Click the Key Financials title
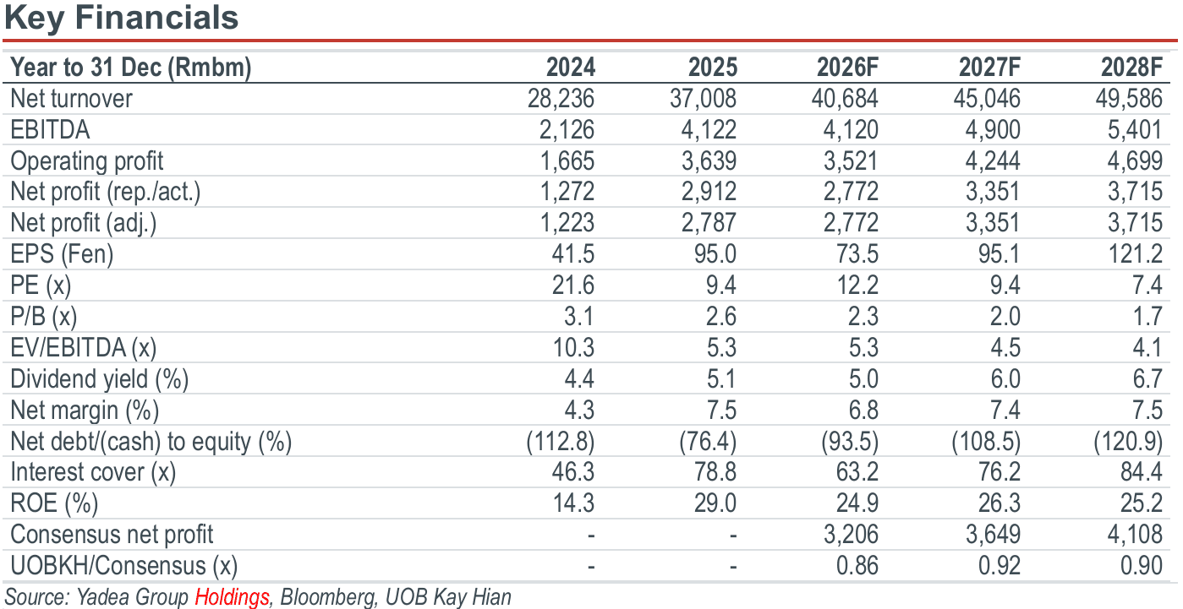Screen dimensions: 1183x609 (x=122, y=18)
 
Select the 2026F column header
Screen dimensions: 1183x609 (x=847, y=67)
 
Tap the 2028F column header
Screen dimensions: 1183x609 (x=1131, y=67)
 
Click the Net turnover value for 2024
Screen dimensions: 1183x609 (x=561, y=99)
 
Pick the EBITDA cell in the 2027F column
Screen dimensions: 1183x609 (x=993, y=130)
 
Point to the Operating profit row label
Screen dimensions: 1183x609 (x=87, y=161)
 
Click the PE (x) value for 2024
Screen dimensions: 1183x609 (x=573, y=285)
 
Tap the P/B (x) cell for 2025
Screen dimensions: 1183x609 (x=721, y=316)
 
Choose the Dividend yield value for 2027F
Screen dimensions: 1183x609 (x=1005, y=379)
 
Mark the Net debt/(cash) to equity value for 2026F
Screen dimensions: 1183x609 (x=850, y=441)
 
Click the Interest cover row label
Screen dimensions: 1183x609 (x=93, y=472)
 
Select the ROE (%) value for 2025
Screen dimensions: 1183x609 (x=715, y=503)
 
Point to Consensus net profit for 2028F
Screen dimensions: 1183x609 (x=1135, y=534)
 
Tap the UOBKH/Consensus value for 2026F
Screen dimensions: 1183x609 (x=857, y=565)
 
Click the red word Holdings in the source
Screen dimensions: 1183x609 (x=232, y=597)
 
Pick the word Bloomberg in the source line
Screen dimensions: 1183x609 (x=327, y=597)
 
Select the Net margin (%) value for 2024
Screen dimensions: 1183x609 (x=579, y=410)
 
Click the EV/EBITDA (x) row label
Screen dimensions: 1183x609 (x=84, y=348)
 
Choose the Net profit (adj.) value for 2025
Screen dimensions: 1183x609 (x=709, y=223)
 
